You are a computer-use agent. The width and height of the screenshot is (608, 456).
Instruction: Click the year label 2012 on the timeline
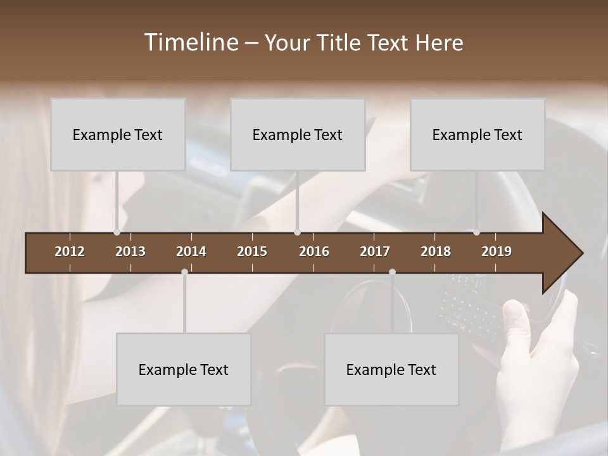coord(70,251)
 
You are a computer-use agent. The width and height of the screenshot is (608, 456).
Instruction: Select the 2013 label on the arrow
coord(130,251)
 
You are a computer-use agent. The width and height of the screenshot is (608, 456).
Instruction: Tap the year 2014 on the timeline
coord(191,251)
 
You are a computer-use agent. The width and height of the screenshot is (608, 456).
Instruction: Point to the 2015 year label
coord(252,251)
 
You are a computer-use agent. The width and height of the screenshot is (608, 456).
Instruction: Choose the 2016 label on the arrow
coord(314,251)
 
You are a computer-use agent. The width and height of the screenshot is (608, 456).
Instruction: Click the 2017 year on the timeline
coord(375,251)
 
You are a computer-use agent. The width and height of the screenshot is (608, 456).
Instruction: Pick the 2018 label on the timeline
coord(436,251)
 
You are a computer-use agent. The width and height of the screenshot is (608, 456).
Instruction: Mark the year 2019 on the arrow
coord(497,251)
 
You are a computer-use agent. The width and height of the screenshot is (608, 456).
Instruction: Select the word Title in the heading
coord(341,43)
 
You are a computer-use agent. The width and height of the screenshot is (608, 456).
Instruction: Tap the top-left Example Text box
coord(118,134)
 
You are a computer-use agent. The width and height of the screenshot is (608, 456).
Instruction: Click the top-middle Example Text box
coord(298,134)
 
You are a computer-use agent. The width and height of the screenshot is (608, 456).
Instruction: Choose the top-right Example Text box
coord(478,134)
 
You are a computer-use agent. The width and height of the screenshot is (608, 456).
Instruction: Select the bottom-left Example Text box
coord(184,369)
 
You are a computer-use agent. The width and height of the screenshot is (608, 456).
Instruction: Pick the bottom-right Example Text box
coord(391,369)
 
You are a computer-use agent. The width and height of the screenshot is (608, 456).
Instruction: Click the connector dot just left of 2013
coord(117,232)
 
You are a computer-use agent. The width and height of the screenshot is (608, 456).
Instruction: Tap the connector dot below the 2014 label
coord(184,272)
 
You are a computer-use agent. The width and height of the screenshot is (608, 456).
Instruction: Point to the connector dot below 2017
coord(392,272)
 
